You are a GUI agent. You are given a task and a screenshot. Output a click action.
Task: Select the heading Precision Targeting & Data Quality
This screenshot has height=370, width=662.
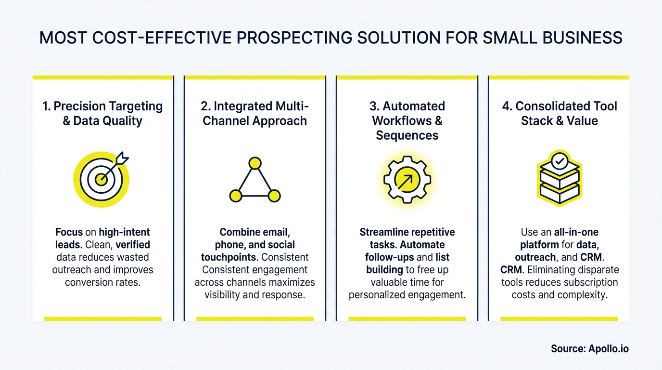pyautogui.click(x=102, y=113)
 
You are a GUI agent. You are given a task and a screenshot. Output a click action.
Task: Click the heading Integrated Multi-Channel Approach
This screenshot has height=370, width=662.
pyautogui.click(x=255, y=113)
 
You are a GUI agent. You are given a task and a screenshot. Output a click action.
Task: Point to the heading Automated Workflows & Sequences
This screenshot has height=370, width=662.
pyautogui.click(x=407, y=120)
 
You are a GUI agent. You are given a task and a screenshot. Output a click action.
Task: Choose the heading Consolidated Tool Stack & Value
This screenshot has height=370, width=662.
pyautogui.click(x=559, y=113)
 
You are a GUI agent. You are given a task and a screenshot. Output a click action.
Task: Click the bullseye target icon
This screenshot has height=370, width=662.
pyautogui.click(x=102, y=179)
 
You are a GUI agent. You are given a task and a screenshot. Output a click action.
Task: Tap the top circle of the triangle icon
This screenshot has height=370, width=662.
pyautogui.click(x=255, y=163)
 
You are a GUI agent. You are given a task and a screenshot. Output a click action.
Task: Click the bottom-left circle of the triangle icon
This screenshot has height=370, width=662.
pyautogui.click(x=235, y=196)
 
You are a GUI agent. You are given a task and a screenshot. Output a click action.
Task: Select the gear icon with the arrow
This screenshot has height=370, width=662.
pyautogui.click(x=407, y=179)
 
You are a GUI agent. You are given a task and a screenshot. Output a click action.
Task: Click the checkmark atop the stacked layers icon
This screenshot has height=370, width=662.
pyautogui.click(x=559, y=162)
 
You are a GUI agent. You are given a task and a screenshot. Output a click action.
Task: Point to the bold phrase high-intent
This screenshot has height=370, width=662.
pyautogui.click(x=125, y=232)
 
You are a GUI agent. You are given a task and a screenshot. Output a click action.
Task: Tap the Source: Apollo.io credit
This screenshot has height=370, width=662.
pyautogui.click(x=589, y=349)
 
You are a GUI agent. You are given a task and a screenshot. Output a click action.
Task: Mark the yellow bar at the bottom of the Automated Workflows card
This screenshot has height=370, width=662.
pyautogui.click(x=407, y=318)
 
